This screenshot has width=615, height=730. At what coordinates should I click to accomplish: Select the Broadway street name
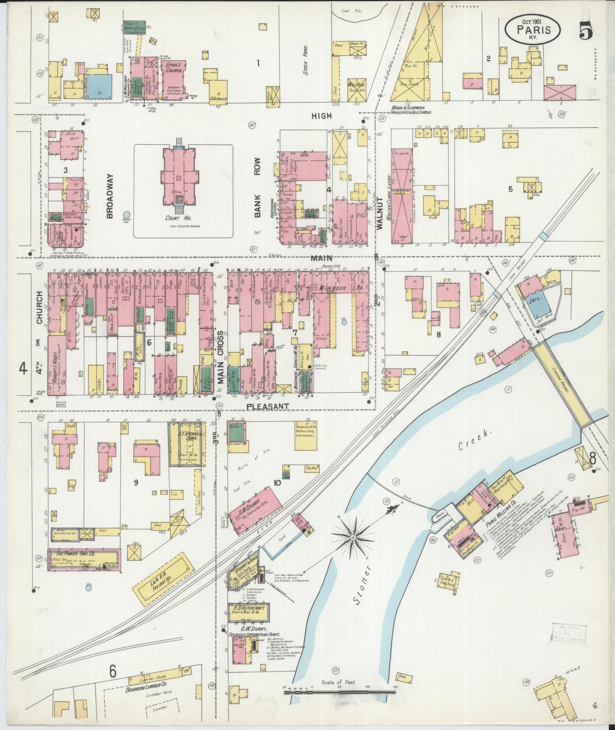click(x=110, y=196)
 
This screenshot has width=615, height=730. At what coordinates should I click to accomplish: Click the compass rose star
click(x=352, y=538)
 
